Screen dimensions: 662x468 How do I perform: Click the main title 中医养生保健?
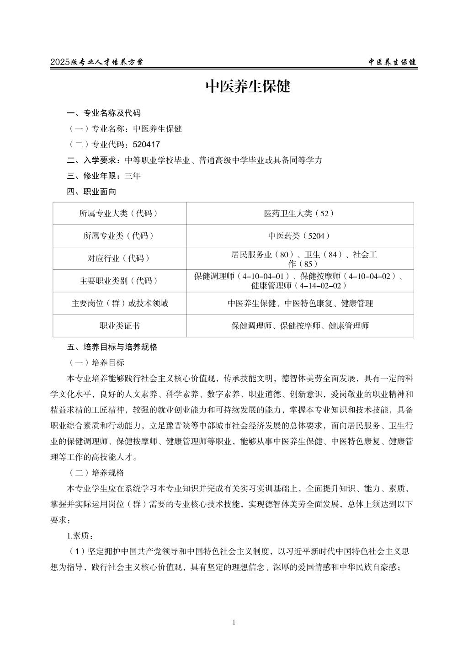[x=248, y=86]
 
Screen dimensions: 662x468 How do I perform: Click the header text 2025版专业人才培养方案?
[x=96, y=62]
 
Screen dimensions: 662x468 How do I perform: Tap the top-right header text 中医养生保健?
[x=393, y=62]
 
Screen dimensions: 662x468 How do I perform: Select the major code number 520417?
[x=146, y=144]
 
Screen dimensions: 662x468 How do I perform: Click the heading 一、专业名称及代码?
[x=104, y=113]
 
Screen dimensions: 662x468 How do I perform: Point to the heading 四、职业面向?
[x=91, y=192]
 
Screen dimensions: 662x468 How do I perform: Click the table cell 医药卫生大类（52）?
[x=300, y=214]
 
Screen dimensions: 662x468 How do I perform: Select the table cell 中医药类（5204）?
[x=300, y=236]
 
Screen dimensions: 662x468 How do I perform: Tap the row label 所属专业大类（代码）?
[x=119, y=214]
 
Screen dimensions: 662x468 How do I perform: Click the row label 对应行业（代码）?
[x=119, y=258]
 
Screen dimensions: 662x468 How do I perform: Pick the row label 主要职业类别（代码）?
[x=119, y=281]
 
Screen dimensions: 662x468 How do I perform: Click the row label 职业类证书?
[x=119, y=326]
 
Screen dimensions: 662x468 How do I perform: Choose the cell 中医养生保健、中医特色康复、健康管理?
[x=300, y=304]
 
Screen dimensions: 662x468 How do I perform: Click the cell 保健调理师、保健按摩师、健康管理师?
[x=300, y=326]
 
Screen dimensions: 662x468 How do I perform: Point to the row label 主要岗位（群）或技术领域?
[x=119, y=304]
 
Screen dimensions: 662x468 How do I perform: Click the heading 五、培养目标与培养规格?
[x=112, y=347]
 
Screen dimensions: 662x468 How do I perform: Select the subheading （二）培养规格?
[x=96, y=473]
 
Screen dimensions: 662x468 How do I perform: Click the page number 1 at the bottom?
[x=234, y=622]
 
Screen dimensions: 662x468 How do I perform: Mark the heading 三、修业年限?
[x=93, y=176]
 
